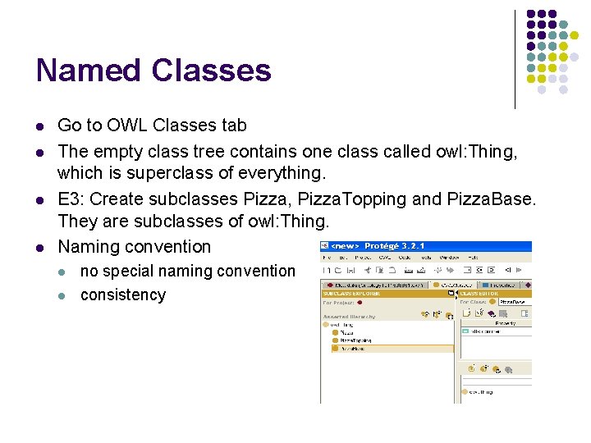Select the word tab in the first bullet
tap(231, 126)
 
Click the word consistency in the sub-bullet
tap(123, 295)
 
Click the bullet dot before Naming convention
tap(39, 247)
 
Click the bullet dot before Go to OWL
tap(39, 126)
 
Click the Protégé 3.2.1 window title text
tap(394, 246)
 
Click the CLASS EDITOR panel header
tap(480, 293)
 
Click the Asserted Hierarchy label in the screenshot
tap(348, 316)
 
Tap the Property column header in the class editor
tap(505, 322)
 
